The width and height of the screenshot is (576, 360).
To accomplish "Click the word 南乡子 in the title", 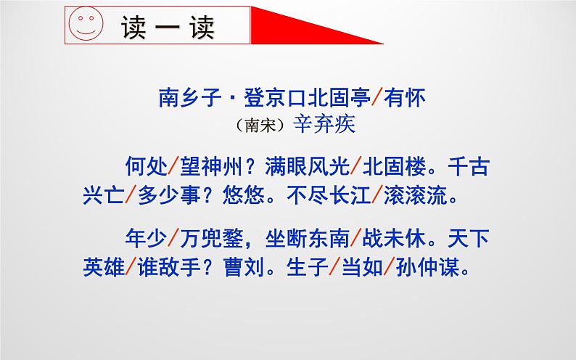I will coord(186,97).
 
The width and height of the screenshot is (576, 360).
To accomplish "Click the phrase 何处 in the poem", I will coord(145,168).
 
